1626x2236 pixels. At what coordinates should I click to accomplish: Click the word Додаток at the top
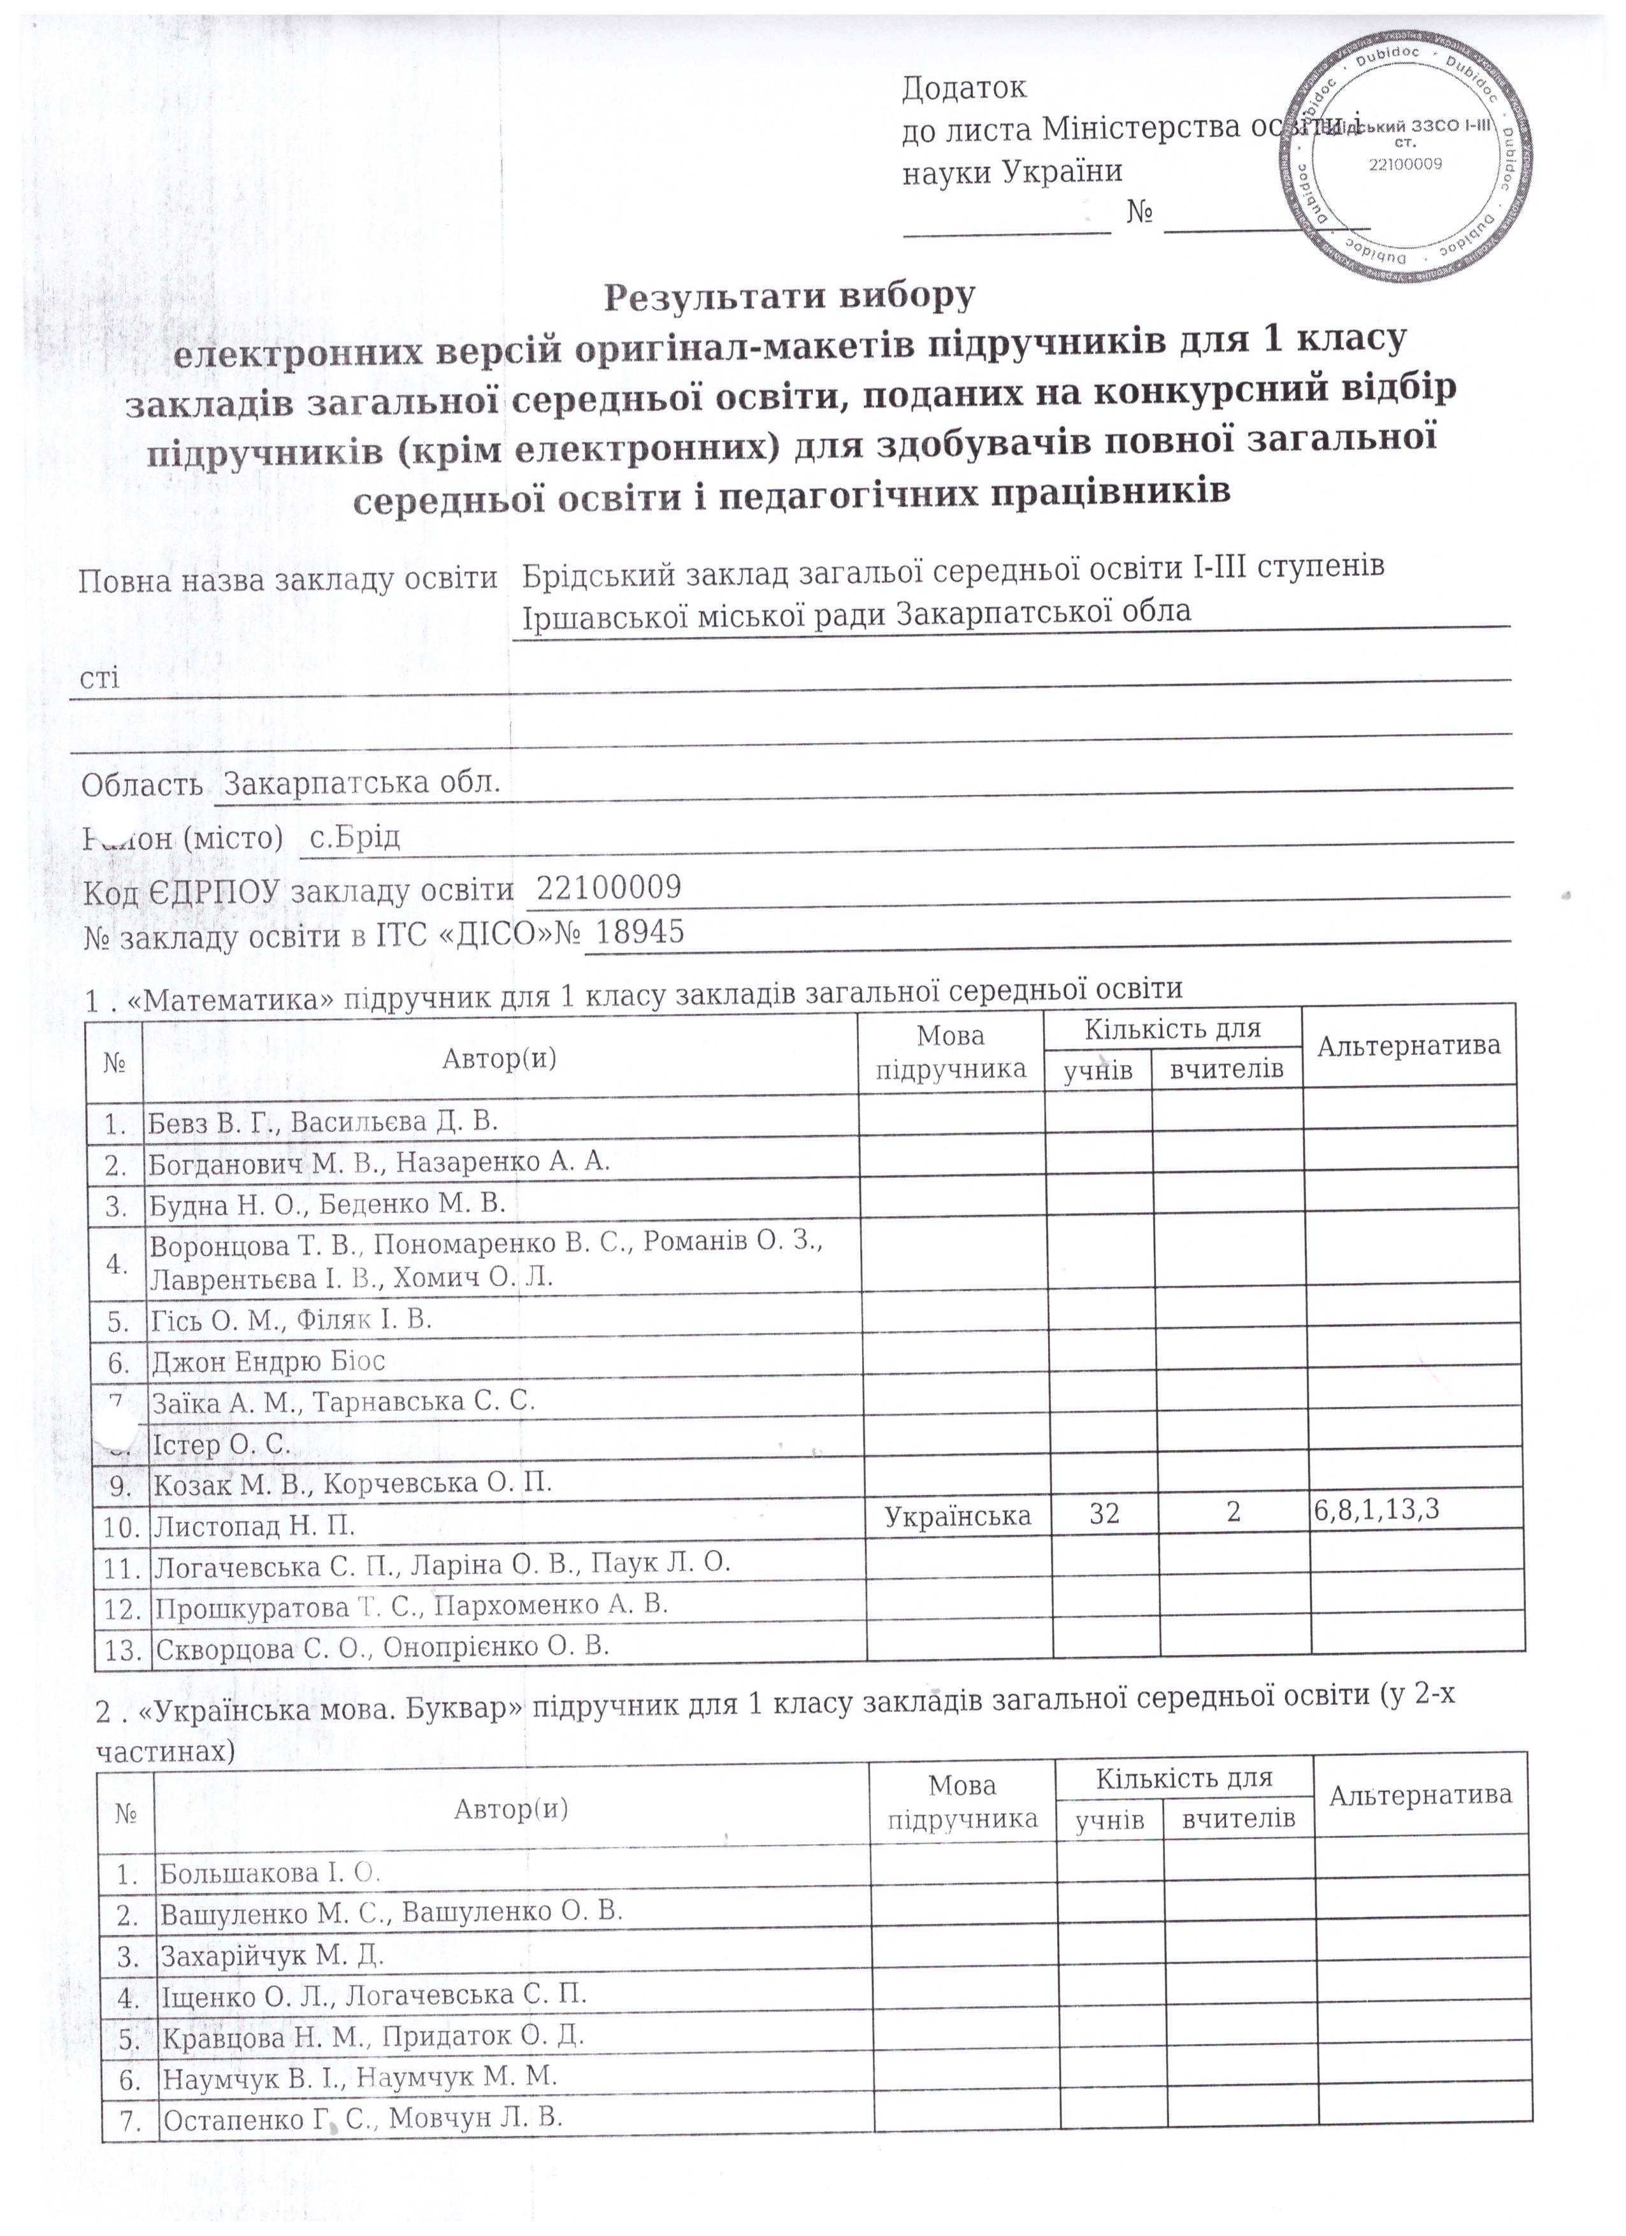pyautogui.click(x=963, y=88)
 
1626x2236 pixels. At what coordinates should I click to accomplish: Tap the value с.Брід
pyautogui.click(x=355, y=838)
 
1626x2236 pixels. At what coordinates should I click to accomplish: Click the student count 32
pyautogui.click(x=1104, y=1514)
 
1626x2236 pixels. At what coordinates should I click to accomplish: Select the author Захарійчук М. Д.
pyautogui.click(x=272, y=1955)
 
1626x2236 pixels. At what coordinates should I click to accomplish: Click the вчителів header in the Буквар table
pyautogui.click(x=1239, y=1819)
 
